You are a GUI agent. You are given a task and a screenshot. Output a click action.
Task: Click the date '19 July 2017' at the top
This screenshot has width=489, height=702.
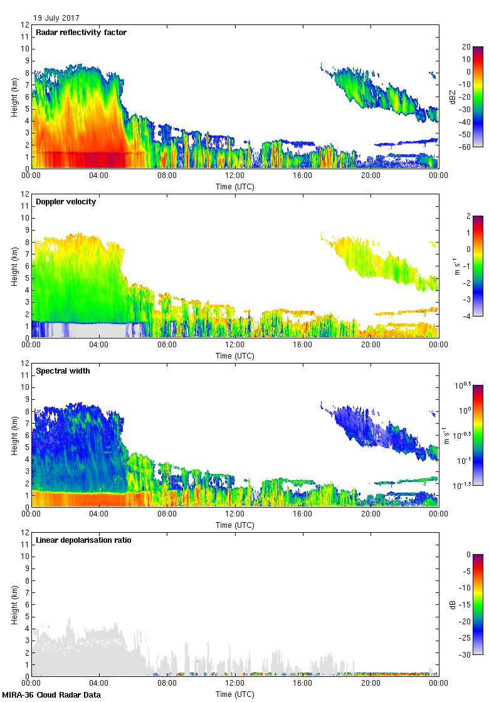coord(56,18)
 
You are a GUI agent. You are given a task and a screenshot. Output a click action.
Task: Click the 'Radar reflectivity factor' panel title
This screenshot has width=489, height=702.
coord(81,32)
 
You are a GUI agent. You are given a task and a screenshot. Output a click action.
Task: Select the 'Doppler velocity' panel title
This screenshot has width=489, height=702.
coord(66,202)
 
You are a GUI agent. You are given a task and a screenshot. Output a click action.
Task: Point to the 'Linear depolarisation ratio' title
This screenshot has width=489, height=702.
coord(83,540)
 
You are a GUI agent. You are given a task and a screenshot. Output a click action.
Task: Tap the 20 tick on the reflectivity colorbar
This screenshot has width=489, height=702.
coord(466,47)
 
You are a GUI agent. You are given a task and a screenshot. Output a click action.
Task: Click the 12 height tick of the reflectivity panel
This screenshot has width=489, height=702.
coord(25,25)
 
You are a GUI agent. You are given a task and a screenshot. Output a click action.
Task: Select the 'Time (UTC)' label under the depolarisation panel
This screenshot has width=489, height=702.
coord(234,694)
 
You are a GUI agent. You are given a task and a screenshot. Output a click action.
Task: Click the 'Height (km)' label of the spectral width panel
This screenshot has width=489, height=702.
coord(14,436)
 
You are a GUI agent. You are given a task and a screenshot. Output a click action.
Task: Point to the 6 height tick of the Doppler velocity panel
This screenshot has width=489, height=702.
coord(27,266)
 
